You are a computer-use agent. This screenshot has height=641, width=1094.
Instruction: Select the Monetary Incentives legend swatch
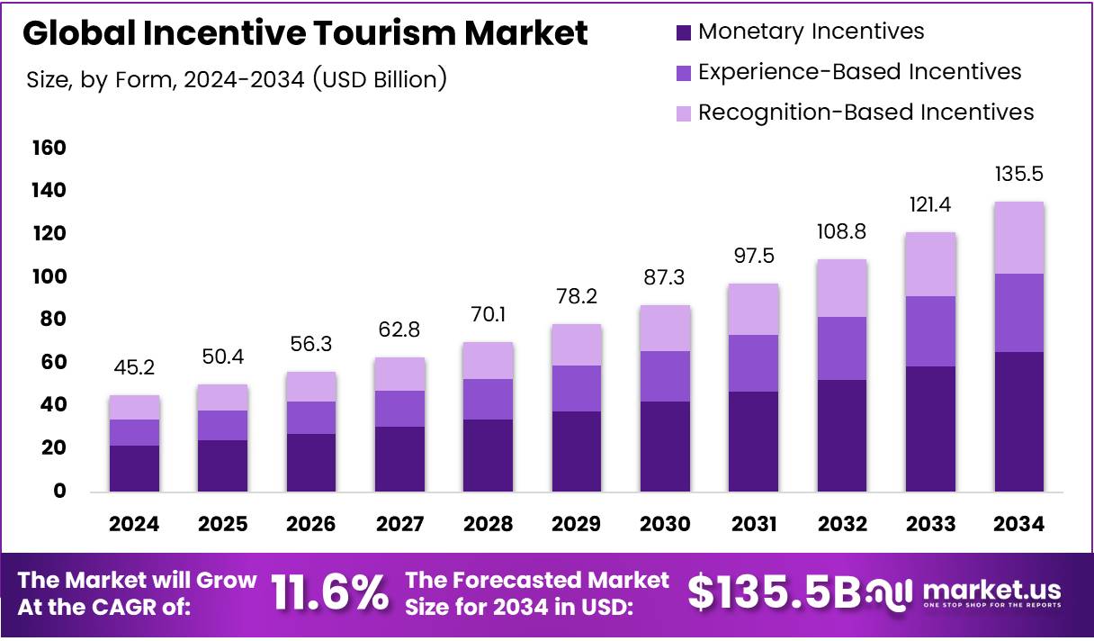tap(684, 32)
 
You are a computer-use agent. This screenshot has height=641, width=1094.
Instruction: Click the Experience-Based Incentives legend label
tap(859, 72)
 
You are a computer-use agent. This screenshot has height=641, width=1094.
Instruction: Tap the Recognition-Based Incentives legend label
tap(865, 113)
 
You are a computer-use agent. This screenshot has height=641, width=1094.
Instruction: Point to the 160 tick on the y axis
tap(49, 148)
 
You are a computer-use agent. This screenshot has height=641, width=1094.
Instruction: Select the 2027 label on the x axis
tap(400, 524)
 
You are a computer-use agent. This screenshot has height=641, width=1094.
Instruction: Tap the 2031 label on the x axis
tap(754, 524)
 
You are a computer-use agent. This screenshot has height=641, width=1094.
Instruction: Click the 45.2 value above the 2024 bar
tap(135, 367)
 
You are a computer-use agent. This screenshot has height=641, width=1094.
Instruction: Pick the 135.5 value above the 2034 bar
tap(1018, 174)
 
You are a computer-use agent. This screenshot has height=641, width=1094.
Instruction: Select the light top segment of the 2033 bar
tap(930, 264)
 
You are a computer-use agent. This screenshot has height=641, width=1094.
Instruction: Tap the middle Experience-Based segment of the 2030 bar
tap(666, 375)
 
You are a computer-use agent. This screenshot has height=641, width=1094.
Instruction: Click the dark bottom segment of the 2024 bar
tap(135, 468)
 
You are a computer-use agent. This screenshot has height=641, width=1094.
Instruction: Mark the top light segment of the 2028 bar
tap(489, 360)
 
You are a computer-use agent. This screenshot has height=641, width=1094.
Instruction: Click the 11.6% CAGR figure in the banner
tap(330, 593)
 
